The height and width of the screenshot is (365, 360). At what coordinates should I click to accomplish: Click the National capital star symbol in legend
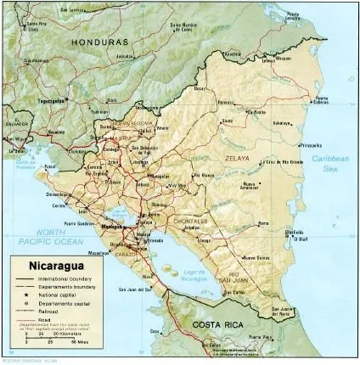pos(26,296)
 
